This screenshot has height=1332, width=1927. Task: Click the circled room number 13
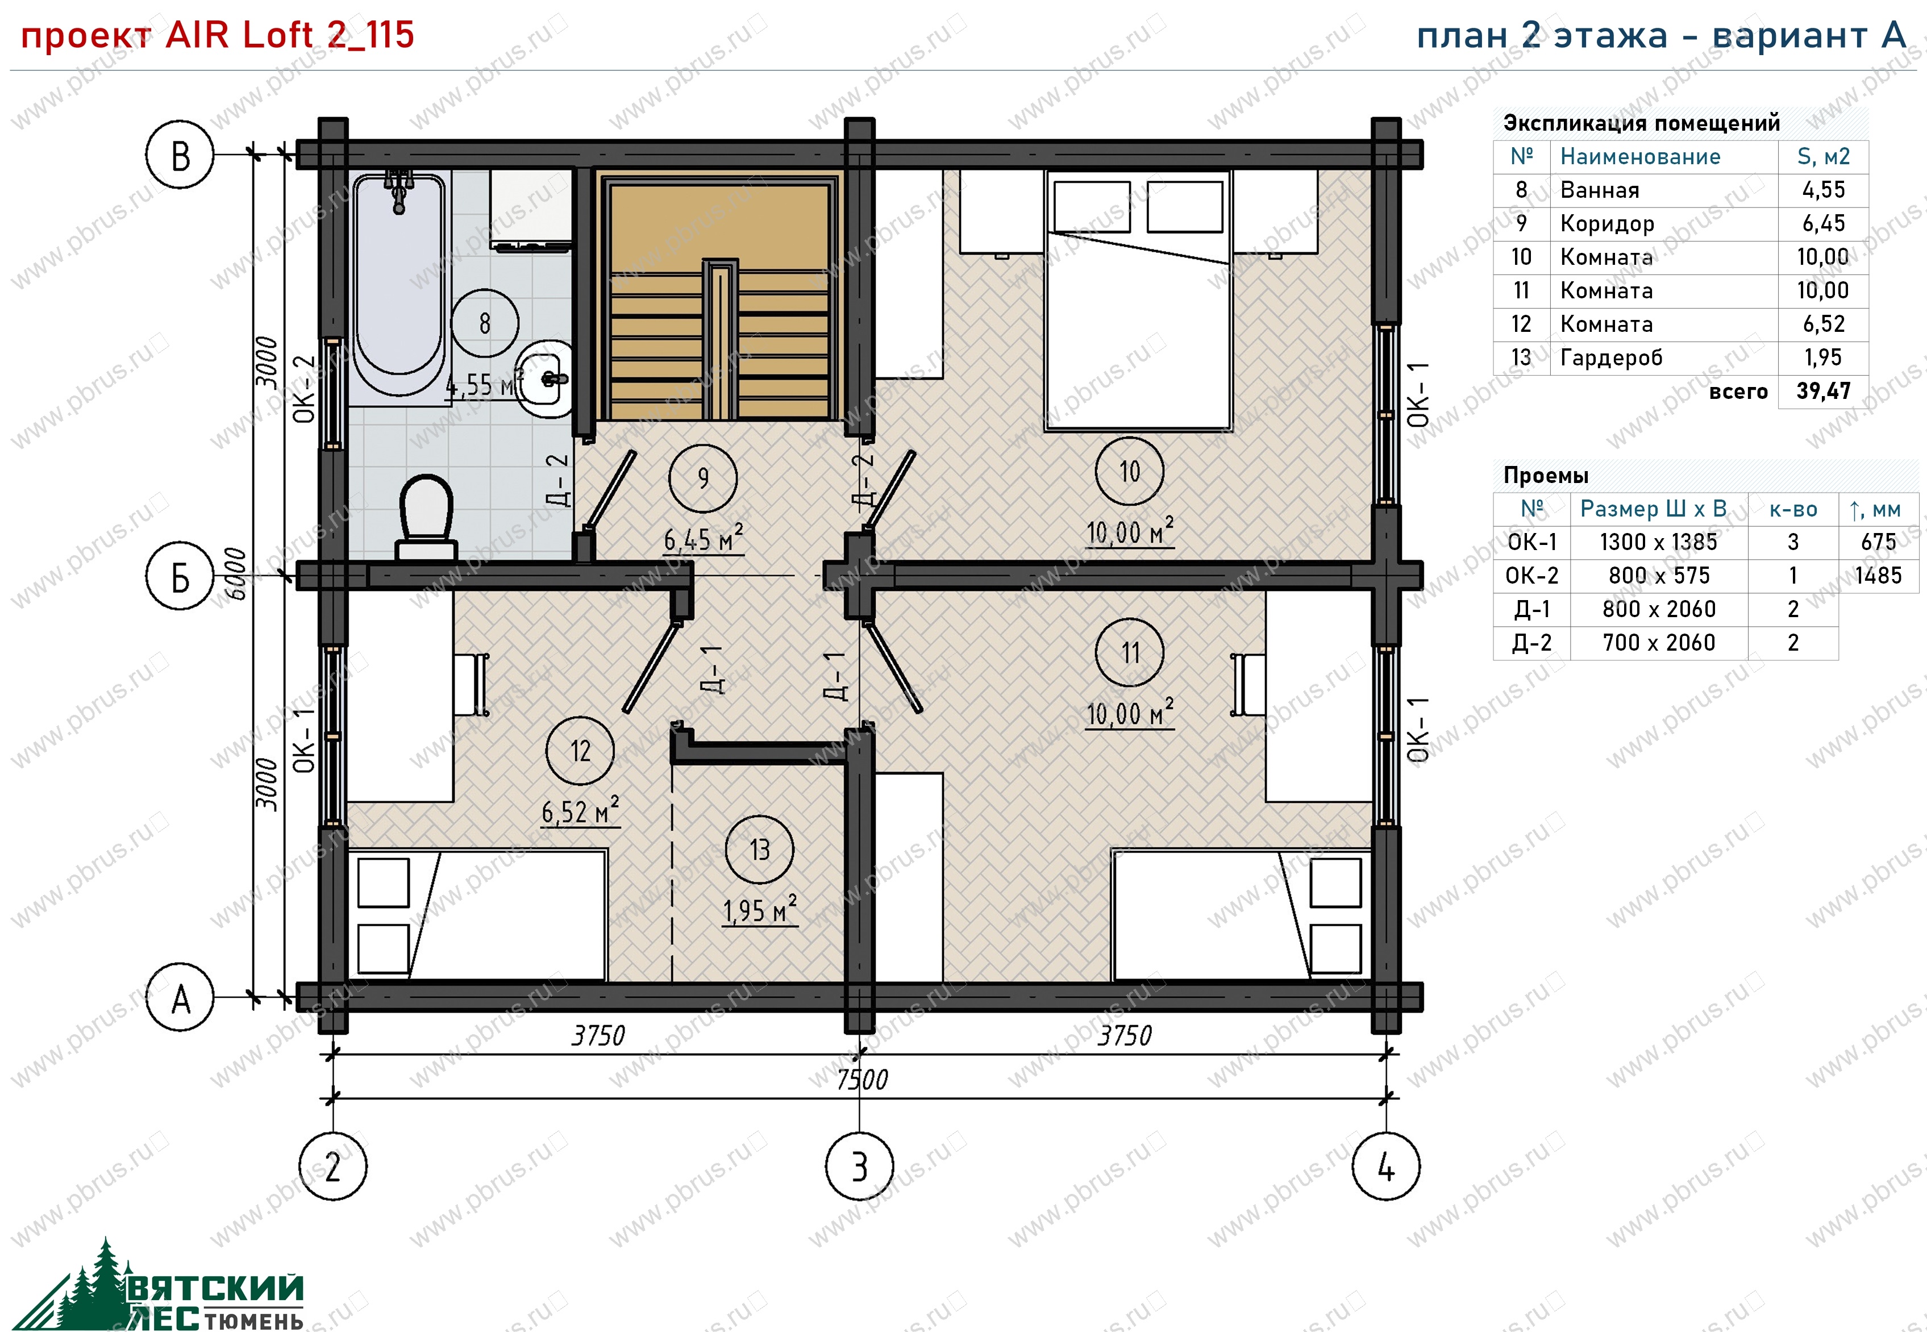click(x=759, y=850)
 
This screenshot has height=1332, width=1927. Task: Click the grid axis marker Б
click(x=180, y=577)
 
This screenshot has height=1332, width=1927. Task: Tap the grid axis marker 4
click(x=1386, y=1166)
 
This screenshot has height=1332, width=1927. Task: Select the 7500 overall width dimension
click(x=862, y=1080)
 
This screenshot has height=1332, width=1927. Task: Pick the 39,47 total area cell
click(x=1824, y=392)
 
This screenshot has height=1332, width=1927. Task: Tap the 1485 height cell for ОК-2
click(x=1879, y=576)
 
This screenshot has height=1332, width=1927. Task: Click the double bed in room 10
click(x=1138, y=301)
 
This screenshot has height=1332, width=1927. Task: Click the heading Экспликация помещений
click(x=1642, y=123)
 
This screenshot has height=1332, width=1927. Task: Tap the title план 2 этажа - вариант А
click(x=1662, y=35)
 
